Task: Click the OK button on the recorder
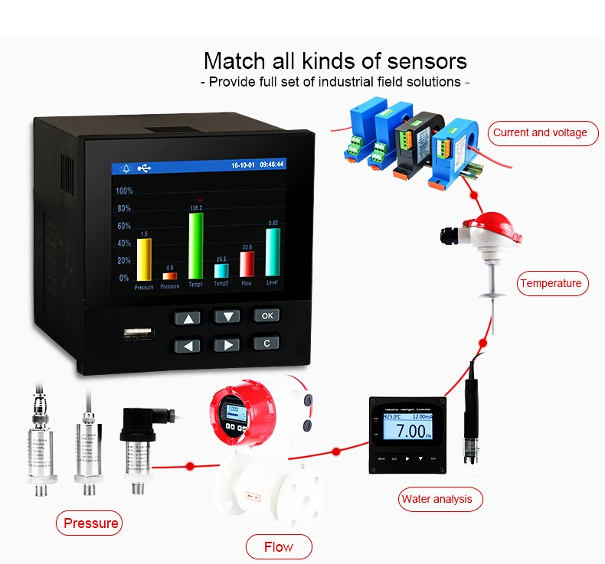(x=266, y=315)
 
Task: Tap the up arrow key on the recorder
(x=187, y=318)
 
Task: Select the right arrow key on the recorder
(x=227, y=344)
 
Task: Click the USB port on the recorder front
(x=139, y=334)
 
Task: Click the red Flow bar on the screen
(x=247, y=264)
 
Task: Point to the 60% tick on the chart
(x=123, y=226)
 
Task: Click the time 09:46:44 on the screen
(x=271, y=165)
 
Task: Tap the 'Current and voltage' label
(x=540, y=132)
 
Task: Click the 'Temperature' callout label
(x=551, y=283)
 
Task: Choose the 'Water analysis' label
(x=437, y=500)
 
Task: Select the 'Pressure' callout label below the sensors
(x=91, y=523)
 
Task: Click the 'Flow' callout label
(x=278, y=546)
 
